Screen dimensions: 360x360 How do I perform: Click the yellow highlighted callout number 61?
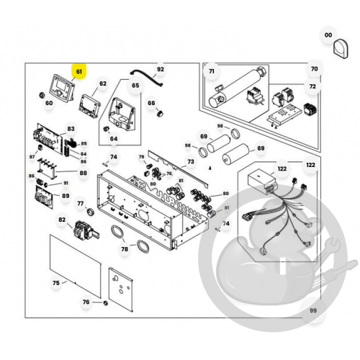tap(79, 71)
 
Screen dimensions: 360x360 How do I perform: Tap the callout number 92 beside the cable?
tap(161, 69)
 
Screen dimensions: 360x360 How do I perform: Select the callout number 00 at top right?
tap(328, 35)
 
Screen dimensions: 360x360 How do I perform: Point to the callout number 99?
tap(313, 310)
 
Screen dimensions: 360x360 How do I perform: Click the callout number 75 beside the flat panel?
tap(56, 283)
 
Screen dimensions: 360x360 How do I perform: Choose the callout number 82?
tap(62, 220)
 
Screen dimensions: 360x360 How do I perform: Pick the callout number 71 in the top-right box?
tap(212, 71)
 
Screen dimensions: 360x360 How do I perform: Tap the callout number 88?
tap(83, 173)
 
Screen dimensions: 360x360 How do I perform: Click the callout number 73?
tap(191, 161)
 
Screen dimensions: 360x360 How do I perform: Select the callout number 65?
tap(135, 86)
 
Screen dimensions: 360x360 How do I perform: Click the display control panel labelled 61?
tap(62, 88)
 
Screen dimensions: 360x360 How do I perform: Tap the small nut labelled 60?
tap(42, 95)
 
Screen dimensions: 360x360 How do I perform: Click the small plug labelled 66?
tap(160, 113)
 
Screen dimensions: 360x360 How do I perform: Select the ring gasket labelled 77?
tap(90, 212)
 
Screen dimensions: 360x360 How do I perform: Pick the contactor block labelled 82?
tap(85, 230)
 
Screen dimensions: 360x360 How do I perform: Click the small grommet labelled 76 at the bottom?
tap(105, 303)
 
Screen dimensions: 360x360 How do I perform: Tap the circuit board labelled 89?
tap(45, 197)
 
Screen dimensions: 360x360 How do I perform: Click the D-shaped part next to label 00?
tap(341, 49)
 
